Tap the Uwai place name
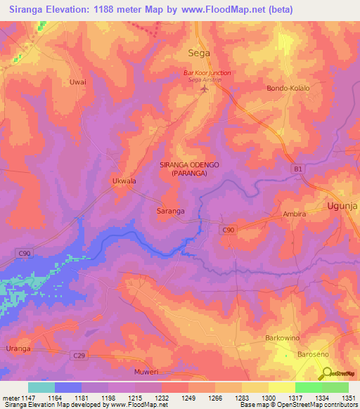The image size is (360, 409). (77, 82)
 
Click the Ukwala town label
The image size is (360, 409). (124, 181)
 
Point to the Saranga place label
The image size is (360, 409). (170, 210)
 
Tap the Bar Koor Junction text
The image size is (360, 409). (207, 73)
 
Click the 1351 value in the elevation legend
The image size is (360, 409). (349, 398)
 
